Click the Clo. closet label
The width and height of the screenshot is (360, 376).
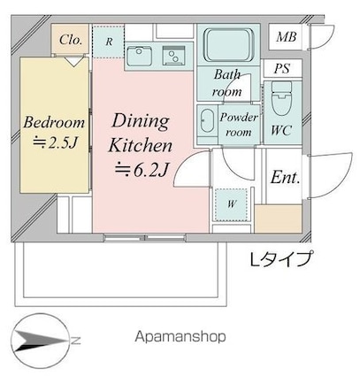70,40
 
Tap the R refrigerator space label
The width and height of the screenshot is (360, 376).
109,42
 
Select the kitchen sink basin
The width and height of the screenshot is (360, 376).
139,56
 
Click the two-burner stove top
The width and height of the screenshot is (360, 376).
174,56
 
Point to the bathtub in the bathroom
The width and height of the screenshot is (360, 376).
229,44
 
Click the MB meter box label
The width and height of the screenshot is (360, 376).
286,37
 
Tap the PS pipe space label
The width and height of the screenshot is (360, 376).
282,69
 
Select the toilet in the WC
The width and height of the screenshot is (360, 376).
282,98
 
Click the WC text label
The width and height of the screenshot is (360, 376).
281,130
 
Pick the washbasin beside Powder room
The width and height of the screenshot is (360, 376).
206,121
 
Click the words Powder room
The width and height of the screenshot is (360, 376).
239,125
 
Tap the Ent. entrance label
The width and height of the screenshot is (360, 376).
285,177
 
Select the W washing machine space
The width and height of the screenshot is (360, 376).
232,204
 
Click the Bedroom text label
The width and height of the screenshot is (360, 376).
54,123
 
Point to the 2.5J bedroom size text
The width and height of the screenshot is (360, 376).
55,143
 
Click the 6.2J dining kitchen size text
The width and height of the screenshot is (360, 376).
142,170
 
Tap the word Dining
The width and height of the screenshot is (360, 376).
141,121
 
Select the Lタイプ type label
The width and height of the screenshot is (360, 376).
280,259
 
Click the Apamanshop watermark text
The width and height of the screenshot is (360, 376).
180,336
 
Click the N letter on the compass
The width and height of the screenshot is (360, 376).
75,341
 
